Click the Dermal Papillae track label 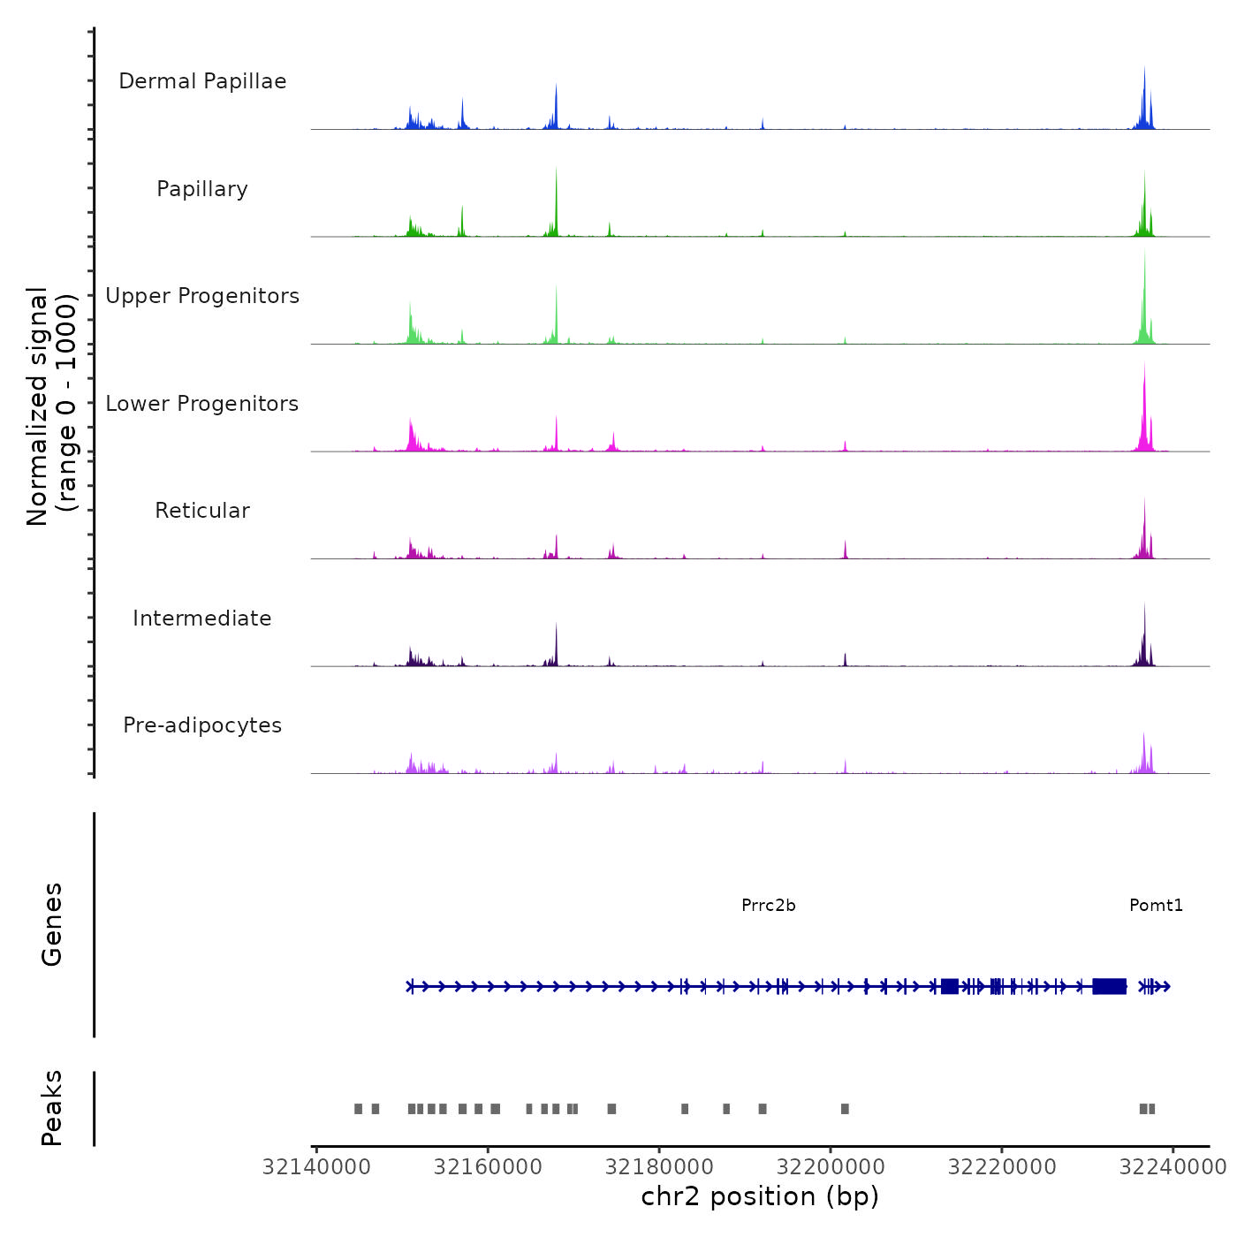[202, 81]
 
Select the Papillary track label [202, 189]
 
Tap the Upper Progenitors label [202, 296]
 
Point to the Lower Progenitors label [202, 404]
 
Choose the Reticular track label [202, 511]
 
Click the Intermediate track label [202, 618]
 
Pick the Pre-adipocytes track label [202, 725]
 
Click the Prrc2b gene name [769, 905]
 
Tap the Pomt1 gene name [1156, 905]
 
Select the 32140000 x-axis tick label [316, 1167]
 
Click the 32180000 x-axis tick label [659, 1167]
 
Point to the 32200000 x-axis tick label [831, 1167]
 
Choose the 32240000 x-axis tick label [1172, 1167]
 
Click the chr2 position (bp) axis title [760, 1196]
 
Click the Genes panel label [51, 924]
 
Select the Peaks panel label [51, 1108]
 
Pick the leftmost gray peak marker [358, 1109]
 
